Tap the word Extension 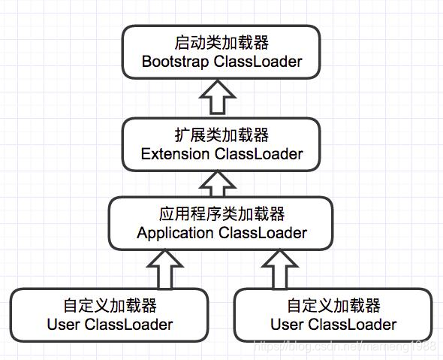[x=176, y=154]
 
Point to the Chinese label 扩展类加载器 [x=221, y=136]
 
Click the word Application [x=175, y=233]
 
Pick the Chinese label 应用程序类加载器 [x=221, y=215]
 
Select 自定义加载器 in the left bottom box [x=110, y=307]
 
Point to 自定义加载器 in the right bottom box [x=333, y=307]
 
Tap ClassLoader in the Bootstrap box [x=258, y=62]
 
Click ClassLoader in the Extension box [x=259, y=154]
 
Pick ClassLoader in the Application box [x=263, y=233]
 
